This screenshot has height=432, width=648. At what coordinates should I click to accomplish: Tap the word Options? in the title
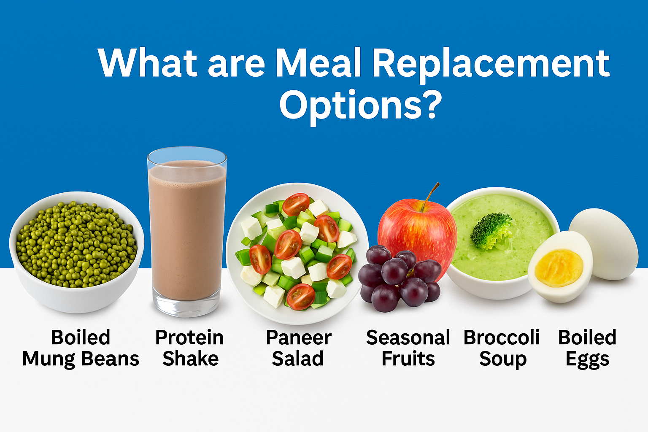coord(360,105)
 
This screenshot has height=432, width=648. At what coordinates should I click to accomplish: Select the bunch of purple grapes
coord(397,278)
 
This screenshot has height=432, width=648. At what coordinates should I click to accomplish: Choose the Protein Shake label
coord(189,348)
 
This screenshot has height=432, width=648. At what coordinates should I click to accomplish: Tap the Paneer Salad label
coord(298,348)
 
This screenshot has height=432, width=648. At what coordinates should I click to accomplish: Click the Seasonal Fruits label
coord(408,348)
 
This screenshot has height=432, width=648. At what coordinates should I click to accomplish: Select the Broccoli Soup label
coord(502,348)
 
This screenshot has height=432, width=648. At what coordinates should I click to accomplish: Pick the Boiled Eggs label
coord(587,348)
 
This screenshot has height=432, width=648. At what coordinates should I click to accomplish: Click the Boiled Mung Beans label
coord(81,348)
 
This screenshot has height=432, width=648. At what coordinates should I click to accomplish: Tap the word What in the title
coord(148,63)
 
